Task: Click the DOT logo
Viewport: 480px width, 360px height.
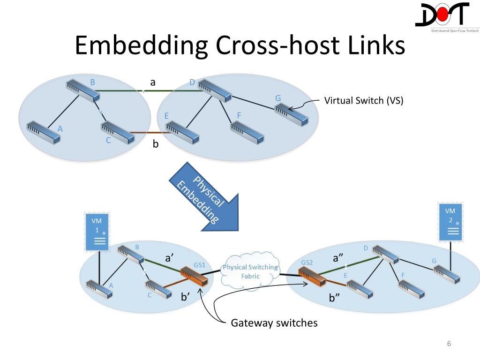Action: click(x=447, y=17)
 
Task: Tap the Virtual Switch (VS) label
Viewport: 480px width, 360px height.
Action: click(x=364, y=100)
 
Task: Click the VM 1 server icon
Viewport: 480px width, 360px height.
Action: click(x=97, y=232)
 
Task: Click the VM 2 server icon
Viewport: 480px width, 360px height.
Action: click(x=450, y=222)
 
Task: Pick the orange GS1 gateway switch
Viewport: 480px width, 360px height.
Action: click(x=194, y=276)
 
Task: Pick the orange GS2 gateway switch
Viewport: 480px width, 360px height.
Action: click(x=312, y=277)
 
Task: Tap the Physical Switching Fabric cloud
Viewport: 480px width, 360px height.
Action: click(x=250, y=270)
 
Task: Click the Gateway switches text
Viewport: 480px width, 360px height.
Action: click(x=274, y=323)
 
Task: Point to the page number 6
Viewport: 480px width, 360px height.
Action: click(x=449, y=344)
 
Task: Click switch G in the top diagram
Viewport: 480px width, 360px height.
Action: click(x=291, y=114)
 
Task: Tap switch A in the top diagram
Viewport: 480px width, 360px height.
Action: click(x=43, y=133)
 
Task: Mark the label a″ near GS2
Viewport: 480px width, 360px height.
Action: click(x=337, y=258)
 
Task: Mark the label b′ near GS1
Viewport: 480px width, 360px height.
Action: click(x=186, y=297)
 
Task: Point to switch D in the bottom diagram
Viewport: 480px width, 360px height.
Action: click(x=385, y=255)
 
